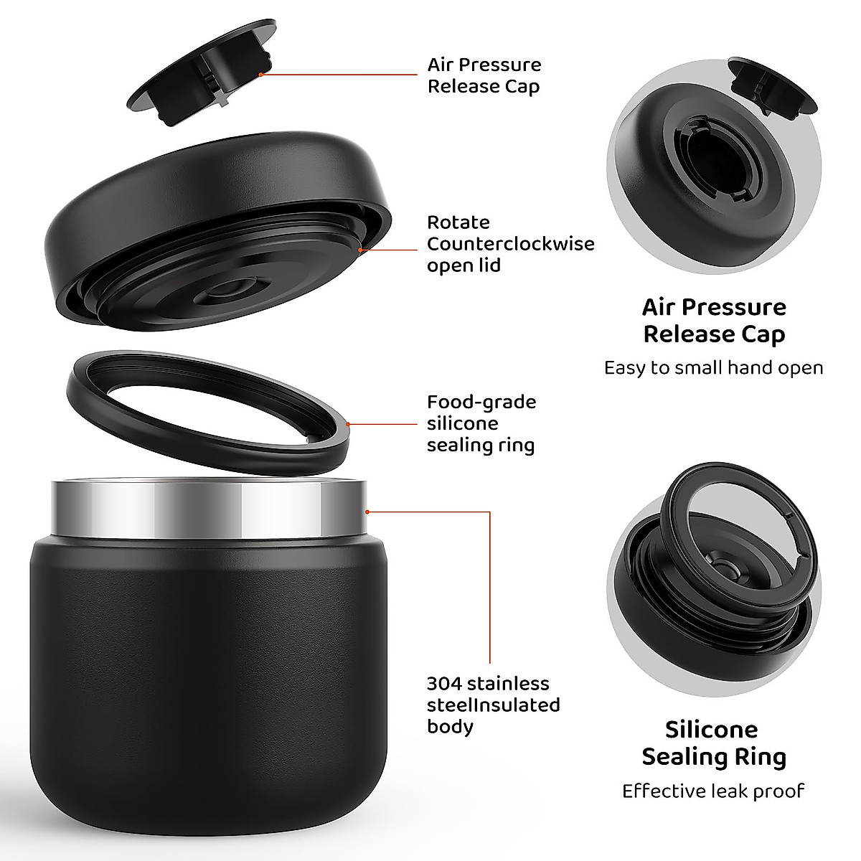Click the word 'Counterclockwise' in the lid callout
pyautogui.click(x=510, y=244)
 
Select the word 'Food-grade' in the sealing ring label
pyautogui.click(x=481, y=402)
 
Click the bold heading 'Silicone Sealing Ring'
pyautogui.click(x=714, y=743)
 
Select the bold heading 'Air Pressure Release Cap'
pyautogui.click(x=714, y=320)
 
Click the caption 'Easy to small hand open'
pyautogui.click(x=713, y=368)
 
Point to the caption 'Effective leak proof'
pyautogui.click(x=713, y=791)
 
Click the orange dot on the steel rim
pyautogui.click(x=367, y=512)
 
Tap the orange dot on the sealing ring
pyautogui.click(x=348, y=424)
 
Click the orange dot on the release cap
pyautogui.click(x=261, y=74)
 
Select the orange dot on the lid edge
pyautogui.click(x=359, y=250)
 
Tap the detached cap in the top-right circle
pyautogui.click(x=772, y=87)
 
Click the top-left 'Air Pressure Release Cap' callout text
pyautogui.click(x=484, y=75)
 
